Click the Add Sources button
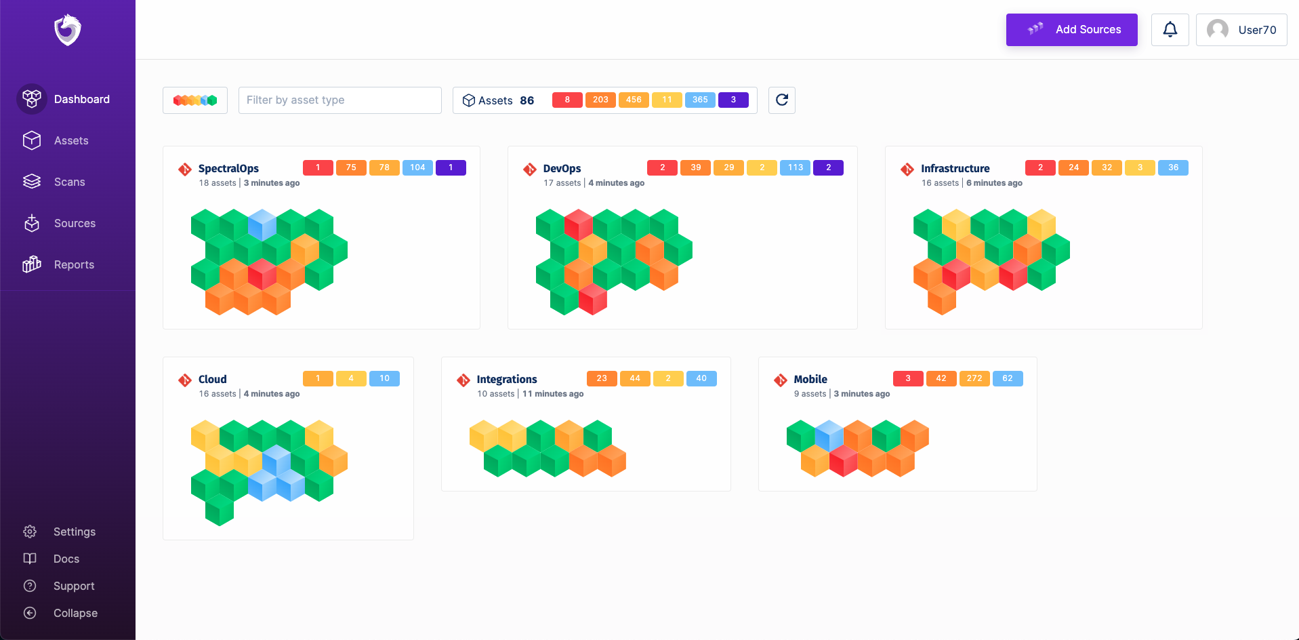click(1071, 30)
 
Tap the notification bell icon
click(1170, 30)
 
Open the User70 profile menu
click(1241, 30)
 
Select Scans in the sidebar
click(69, 182)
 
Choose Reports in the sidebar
click(74, 264)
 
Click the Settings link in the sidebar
click(74, 532)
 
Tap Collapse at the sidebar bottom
click(75, 613)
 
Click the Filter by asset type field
click(339, 100)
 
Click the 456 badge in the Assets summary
click(634, 100)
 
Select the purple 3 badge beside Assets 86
click(733, 100)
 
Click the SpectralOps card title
click(228, 168)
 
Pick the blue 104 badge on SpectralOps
click(417, 167)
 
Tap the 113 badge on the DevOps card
click(795, 167)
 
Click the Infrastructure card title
click(955, 168)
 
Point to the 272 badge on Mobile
click(974, 378)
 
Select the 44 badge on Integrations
click(635, 378)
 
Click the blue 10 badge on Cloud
click(384, 378)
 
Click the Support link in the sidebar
click(74, 586)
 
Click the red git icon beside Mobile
click(781, 380)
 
